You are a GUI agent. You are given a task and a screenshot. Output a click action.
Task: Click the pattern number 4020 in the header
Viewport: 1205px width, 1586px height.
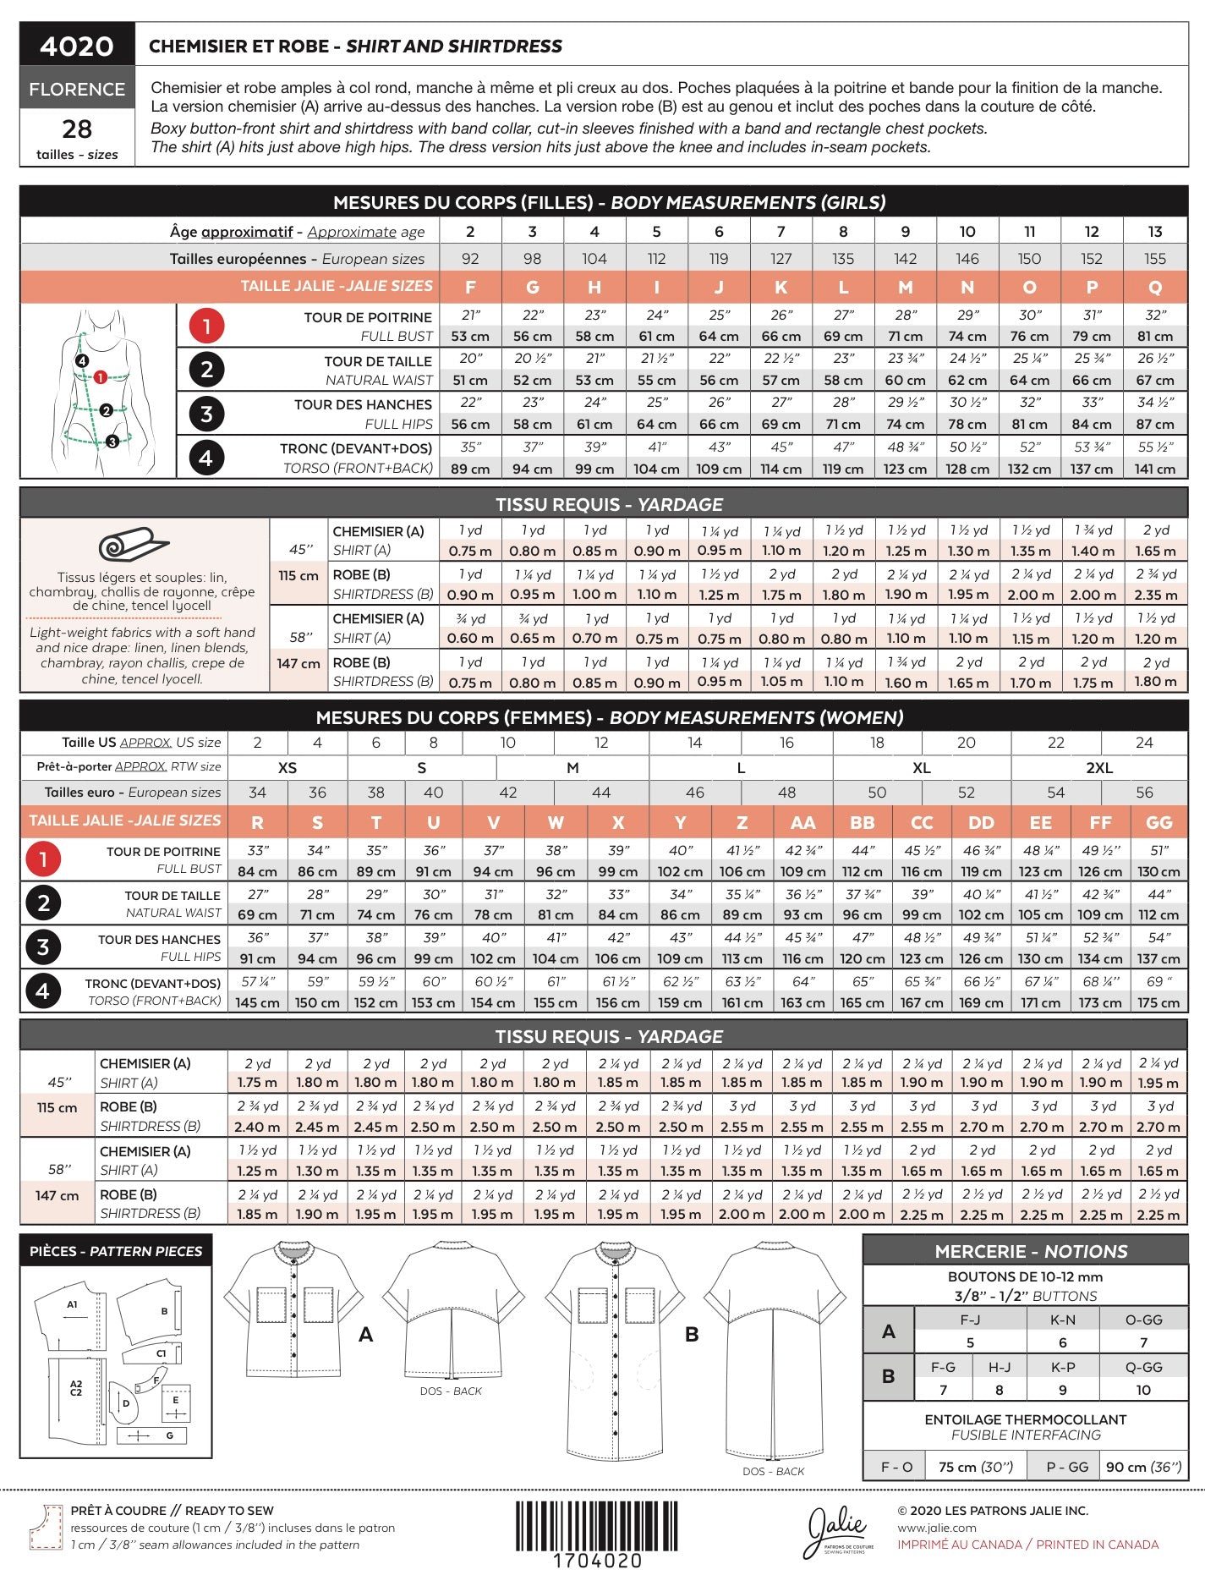tap(77, 46)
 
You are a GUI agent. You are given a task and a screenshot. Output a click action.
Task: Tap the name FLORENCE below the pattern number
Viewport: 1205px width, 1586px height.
tap(77, 89)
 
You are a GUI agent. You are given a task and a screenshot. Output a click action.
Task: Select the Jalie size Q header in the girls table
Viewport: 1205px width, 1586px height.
tap(1155, 287)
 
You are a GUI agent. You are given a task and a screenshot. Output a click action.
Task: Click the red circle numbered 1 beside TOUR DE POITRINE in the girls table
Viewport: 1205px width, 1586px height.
tap(206, 326)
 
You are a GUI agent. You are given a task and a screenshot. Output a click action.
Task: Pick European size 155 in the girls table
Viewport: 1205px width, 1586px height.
tap(1155, 259)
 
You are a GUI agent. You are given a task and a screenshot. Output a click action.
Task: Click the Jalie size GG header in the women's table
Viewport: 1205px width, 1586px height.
tap(1158, 822)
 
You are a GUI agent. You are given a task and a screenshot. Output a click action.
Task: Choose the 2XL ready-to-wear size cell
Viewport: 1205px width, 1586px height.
tap(1099, 767)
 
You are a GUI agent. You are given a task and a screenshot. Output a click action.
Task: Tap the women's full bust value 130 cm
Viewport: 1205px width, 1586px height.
tap(1158, 871)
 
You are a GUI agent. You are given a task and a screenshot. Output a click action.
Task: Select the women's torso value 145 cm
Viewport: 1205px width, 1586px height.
tap(257, 1002)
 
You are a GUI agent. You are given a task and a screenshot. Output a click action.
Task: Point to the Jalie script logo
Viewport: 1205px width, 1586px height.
tap(837, 1531)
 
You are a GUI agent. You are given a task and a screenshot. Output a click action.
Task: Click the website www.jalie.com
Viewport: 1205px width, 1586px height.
tap(937, 1528)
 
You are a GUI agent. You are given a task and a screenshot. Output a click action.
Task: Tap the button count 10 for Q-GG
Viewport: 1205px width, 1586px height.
tap(1143, 1390)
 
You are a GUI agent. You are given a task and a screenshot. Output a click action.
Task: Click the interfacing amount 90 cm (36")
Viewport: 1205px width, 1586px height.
tap(1143, 1467)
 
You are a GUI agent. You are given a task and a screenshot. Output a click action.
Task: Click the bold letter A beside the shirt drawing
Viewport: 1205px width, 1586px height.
tap(365, 1334)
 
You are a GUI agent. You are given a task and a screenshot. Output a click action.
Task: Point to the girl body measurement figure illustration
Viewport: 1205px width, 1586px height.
tap(100, 391)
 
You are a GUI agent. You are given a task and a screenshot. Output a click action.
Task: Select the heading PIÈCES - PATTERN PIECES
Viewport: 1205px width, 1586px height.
tap(116, 1251)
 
